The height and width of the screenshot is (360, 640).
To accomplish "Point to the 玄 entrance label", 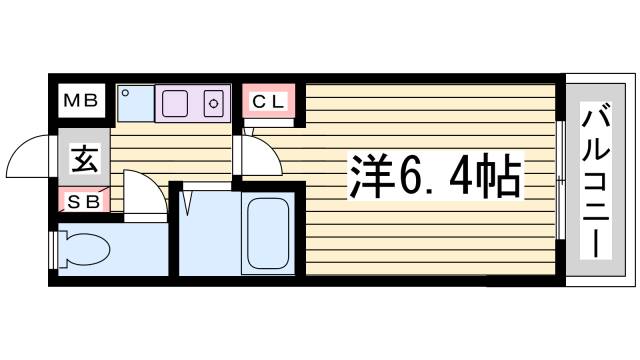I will tap(82, 158).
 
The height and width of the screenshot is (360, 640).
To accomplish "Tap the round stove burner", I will tap(213, 103).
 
